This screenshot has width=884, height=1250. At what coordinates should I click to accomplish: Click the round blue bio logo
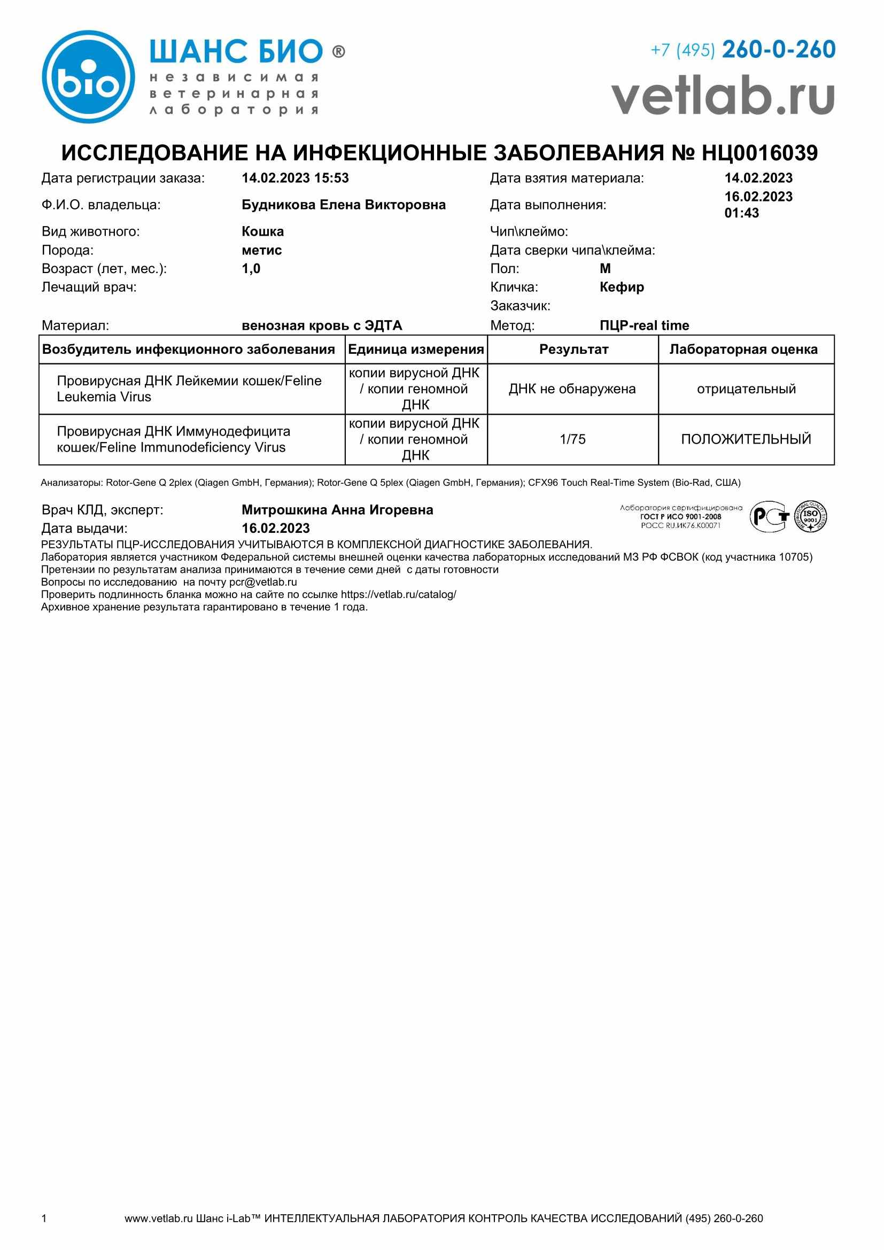pos(88,77)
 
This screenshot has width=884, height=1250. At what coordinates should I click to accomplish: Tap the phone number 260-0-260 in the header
pos(778,50)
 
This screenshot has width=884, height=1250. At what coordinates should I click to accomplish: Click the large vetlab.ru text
pos(723,96)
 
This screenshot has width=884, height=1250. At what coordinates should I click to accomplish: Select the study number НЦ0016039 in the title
pos(759,153)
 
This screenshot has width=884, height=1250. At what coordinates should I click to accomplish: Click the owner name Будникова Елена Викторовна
pos(344,205)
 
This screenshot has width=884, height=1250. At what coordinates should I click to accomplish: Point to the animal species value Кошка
pos(262,232)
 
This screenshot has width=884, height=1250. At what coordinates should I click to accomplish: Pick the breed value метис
pos(262,251)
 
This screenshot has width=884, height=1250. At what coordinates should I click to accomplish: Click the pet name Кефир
pos(622,288)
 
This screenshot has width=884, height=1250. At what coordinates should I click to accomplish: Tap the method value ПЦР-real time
pos(644,325)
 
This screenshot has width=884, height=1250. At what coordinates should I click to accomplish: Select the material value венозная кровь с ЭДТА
pos(322,325)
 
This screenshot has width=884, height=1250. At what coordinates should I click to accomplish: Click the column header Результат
pos(573,350)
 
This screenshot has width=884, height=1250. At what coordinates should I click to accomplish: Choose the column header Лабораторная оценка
pos(743,350)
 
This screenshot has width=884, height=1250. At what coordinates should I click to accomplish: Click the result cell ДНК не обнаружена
pos(572,389)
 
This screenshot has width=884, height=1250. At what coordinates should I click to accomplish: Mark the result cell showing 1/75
pos(572,439)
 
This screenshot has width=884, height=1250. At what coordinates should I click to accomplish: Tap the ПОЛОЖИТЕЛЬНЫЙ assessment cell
pos(746,439)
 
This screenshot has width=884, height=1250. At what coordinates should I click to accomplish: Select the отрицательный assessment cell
pos(746,389)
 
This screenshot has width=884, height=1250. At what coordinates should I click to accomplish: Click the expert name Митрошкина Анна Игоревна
pos(337,510)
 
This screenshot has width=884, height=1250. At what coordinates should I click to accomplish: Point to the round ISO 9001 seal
pos(811,517)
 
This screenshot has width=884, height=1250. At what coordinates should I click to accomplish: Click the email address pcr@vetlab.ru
pos(263,582)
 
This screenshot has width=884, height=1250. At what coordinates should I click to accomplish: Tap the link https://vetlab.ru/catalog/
pos(399,594)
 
